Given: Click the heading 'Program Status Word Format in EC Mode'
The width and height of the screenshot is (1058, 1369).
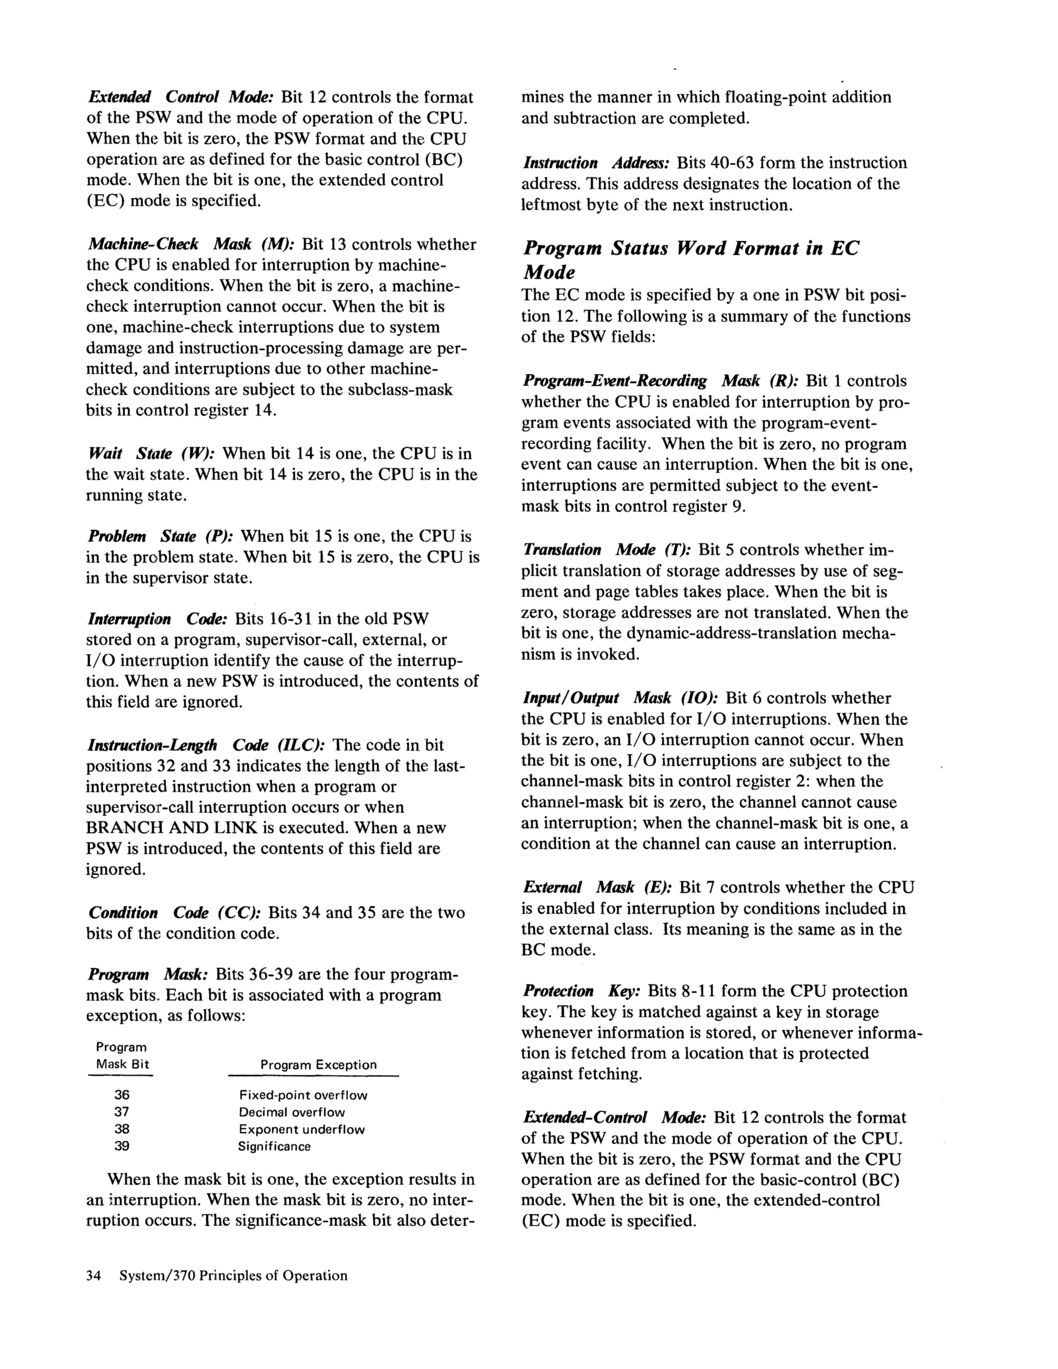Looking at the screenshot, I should [690, 260].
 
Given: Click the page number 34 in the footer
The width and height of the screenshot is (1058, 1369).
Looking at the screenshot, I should [94, 1275].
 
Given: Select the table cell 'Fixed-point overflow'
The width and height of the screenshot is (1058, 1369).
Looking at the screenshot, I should [303, 1096].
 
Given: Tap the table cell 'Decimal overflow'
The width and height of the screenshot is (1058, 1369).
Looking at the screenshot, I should [292, 1113].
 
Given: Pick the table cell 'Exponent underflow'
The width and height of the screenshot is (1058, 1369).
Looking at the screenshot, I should [302, 1129].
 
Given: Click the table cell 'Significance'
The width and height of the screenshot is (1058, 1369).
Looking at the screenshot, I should [274, 1147].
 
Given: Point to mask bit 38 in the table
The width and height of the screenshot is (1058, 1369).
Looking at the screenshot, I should [122, 1129].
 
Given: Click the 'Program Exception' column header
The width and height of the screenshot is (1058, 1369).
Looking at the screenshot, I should [318, 1065].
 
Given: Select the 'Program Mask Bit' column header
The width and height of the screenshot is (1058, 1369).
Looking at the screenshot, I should [122, 1055].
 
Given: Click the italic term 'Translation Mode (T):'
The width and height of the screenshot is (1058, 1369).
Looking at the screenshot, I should [607, 550].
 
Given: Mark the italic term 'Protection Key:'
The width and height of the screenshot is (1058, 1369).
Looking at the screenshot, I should [581, 991].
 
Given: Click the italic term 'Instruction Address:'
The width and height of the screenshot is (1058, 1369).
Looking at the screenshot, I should [597, 163].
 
